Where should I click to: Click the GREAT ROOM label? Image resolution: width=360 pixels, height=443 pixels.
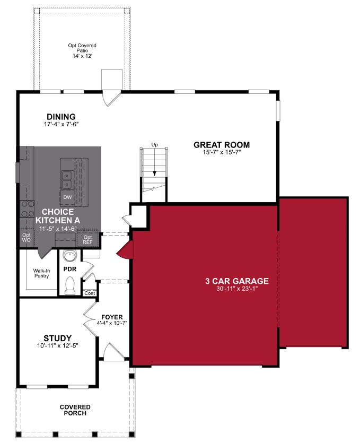[x=222, y=145]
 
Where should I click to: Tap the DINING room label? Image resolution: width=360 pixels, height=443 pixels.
[x=61, y=117]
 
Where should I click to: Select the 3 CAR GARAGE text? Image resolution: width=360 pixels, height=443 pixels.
[x=237, y=281]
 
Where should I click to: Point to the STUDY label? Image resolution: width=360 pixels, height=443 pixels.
[x=58, y=338]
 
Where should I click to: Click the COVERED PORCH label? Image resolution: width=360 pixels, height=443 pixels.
[x=75, y=410]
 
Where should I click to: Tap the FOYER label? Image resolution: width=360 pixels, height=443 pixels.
[x=112, y=317]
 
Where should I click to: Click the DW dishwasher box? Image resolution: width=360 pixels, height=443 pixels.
[x=67, y=197]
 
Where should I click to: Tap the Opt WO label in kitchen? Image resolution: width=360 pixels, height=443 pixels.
[x=27, y=238]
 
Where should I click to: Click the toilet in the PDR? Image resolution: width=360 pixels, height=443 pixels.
[x=69, y=285]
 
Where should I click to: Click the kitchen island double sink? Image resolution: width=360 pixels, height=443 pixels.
[x=67, y=180]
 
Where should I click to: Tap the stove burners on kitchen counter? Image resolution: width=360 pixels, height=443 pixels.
[x=28, y=209]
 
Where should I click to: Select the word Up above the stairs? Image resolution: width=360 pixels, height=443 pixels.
[x=154, y=145]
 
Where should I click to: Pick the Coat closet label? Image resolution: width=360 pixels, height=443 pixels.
[x=90, y=293]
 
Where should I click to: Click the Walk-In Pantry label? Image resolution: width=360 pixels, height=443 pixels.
[x=41, y=273]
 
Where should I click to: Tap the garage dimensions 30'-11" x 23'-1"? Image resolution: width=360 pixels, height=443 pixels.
[x=237, y=289]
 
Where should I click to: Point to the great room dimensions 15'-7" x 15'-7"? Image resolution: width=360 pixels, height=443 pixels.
[x=222, y=152]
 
